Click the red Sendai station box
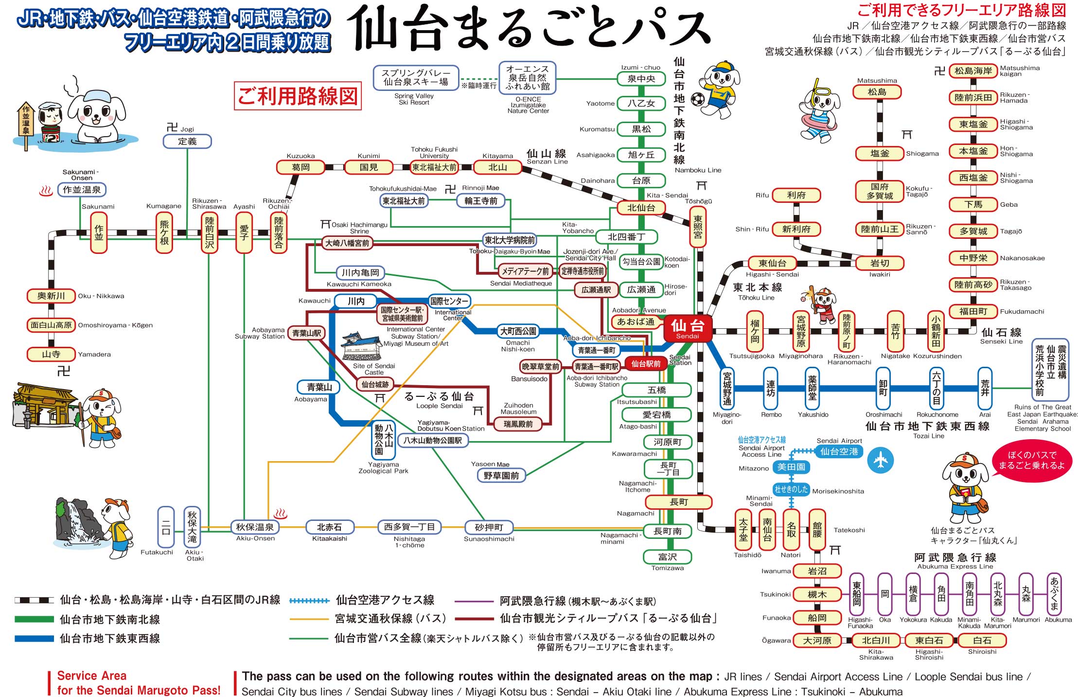click(x=687, y=328)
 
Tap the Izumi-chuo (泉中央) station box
click(x=641, y=79)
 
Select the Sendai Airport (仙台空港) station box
click(x=839, y=451)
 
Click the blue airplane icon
click(x=881, y=460)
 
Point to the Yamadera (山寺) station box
click(x=51, y=354)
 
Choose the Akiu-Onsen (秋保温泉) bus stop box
click(x=255, y=527)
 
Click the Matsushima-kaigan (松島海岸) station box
click(x=973, y=71)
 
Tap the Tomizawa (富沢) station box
click(x=668, y=557)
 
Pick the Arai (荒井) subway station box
click(x=985, y=388)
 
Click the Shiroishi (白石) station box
click(x=982, y=641)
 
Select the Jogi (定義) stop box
click(x=187, y=142)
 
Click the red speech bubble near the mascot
click(x=1031, y=460)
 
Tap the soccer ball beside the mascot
click(x=698, y=100)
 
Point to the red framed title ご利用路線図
click(x=298, y=96)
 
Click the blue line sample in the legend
click(x=34, y=639)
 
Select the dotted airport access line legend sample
click(x=309, y=601)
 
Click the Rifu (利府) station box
click(x=796, y=195)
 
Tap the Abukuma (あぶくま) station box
click(x=1054, y=594)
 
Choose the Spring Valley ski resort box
click(x=416, y=78)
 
